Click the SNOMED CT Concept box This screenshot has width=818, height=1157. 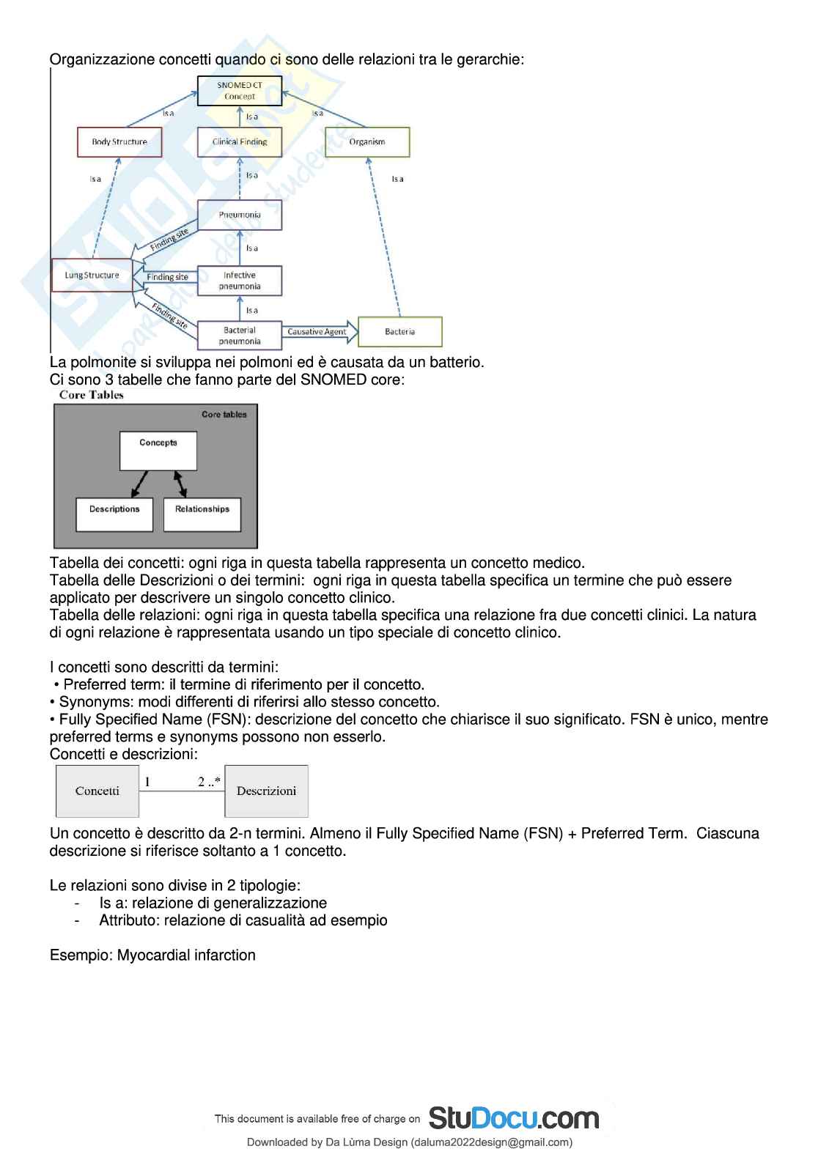[240, 91]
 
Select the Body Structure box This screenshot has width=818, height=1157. [119, 142]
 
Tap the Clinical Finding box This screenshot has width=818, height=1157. [240, 142]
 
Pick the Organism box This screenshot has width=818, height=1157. [367, 142]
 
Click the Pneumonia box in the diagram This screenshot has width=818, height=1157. [240, 215]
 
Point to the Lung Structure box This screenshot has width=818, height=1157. [92, 276]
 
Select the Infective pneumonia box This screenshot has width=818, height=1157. [240, 281]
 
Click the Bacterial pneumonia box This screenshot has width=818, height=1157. [240, 336]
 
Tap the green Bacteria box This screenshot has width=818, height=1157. [399, 332]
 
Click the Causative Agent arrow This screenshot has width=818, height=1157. [318, 332]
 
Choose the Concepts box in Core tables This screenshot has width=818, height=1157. [158, 450]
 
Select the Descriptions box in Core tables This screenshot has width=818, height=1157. [114, 514]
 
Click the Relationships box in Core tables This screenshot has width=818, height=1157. [202, 514]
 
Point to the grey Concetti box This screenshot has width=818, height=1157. [97, 791]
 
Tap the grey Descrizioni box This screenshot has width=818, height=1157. [266, 791]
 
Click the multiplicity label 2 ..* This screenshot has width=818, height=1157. [209, 782]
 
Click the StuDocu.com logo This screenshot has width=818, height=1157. [513, 1118]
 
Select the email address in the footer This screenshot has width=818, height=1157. [491, 1142]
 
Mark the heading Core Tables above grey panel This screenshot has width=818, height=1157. [92, 395]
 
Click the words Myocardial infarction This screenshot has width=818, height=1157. [186, 955]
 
